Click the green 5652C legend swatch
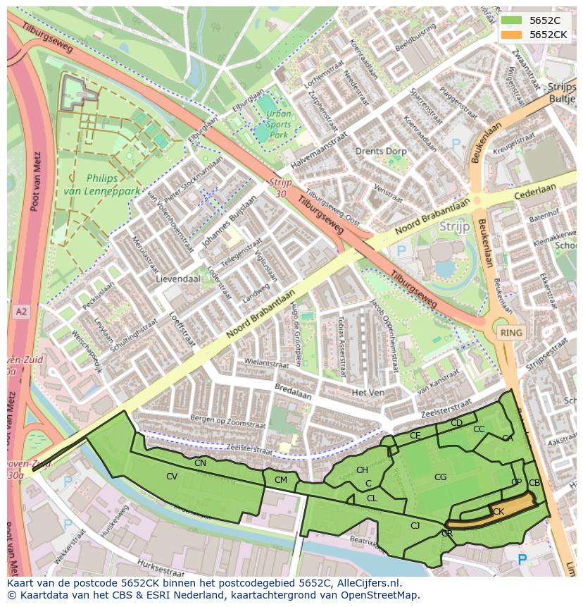click(x=512, y=20)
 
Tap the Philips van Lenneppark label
click(x=102, y=185)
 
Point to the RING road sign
click(x=510, y=332)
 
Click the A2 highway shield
click(x=20, y=311)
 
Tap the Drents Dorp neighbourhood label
click(x=380, y=152)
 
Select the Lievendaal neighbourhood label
click(x=177, y=278)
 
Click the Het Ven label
click(x=367, y=392)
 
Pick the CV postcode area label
click(x=172, y=477)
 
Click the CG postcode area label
click(x=440, y=477)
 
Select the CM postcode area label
click(x=281, y=480)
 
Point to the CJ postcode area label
click(x=415, y=525)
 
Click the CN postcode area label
click(x=201, y=463)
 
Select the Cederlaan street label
click(x=536, y=190)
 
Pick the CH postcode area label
click(x=362, y=470)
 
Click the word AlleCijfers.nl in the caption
click(x=366, y=583)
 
